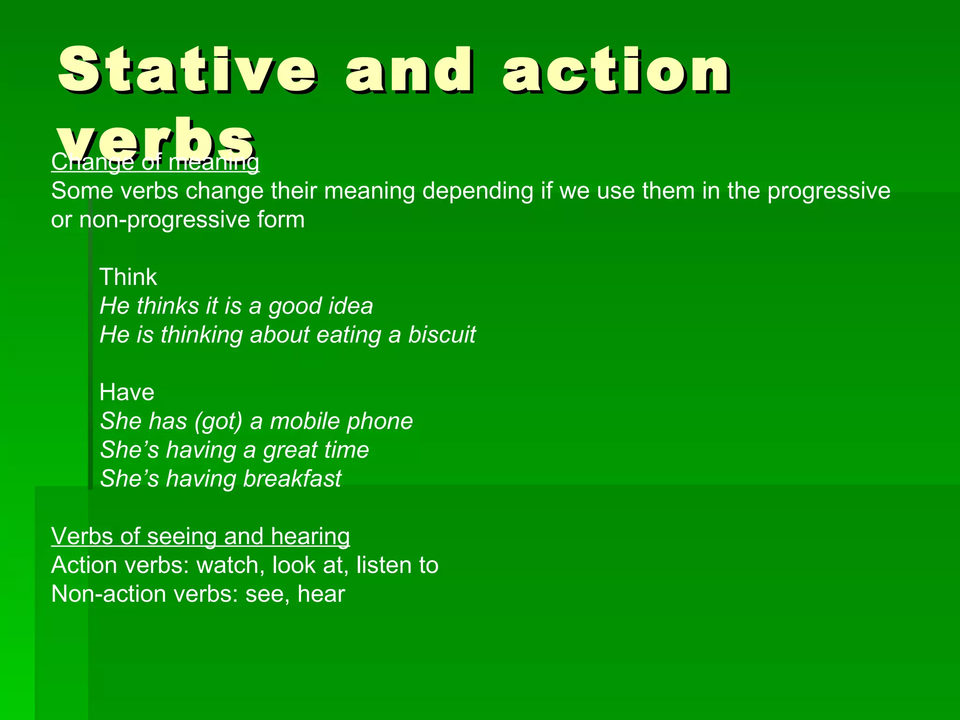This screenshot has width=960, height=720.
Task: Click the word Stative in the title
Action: click(187, 70)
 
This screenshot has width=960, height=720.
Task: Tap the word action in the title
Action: click(616, 70)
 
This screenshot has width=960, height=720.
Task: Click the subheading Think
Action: click(128, 277)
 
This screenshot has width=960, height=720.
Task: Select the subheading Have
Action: click(127, 392)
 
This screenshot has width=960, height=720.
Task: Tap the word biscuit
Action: click(442, 335)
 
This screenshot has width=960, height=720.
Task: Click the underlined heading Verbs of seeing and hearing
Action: click(200, 536)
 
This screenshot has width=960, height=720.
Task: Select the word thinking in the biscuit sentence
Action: click(202, 335)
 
